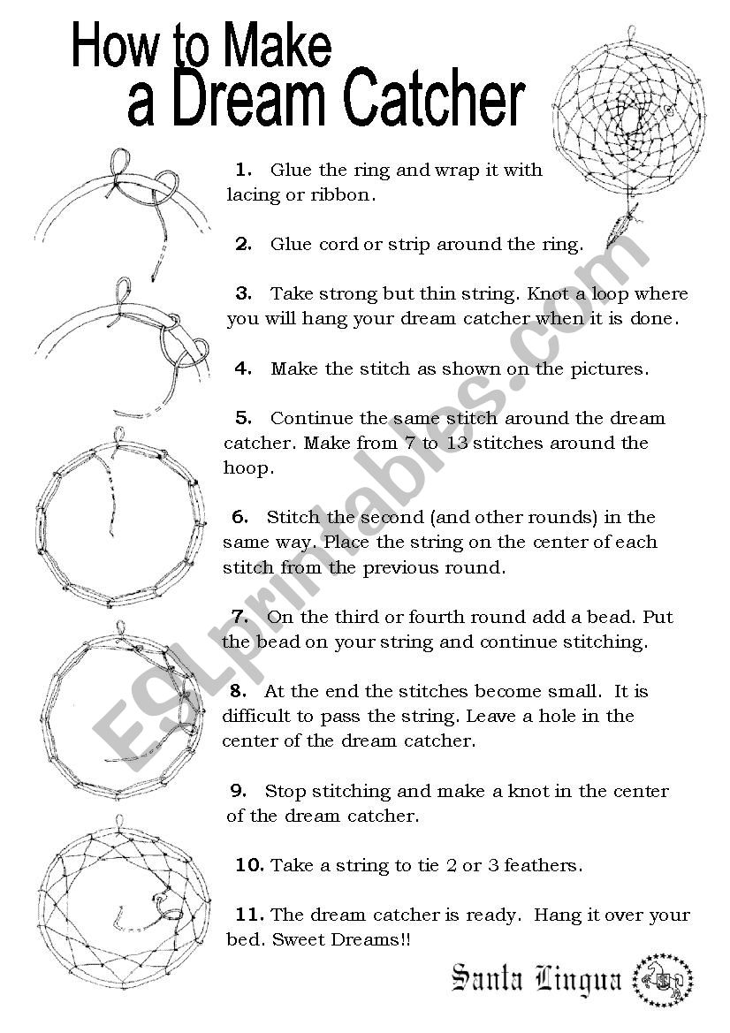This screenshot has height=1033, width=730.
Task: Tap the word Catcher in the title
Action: pyautogui.click(x=433, y=103)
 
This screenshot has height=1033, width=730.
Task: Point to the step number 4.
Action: pyautogui.click(x=244, y=368)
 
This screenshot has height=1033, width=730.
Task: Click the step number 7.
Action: pyautogui.click(x=240, y=616)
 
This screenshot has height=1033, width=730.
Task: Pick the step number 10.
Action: pyautogui.click(x=250, y=865)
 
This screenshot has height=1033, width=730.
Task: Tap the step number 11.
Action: pyautogui.click(x=250, y=915)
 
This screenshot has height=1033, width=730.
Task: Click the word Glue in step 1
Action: pyautogui.click(x=290, y=169)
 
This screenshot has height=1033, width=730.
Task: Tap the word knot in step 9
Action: pyautogui.click(x=528, y=791)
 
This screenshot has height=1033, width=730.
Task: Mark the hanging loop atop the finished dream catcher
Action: pyautogui.click(x=630, y=34)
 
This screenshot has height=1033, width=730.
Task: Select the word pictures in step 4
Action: pyautogui.click(x=611, y=368)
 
